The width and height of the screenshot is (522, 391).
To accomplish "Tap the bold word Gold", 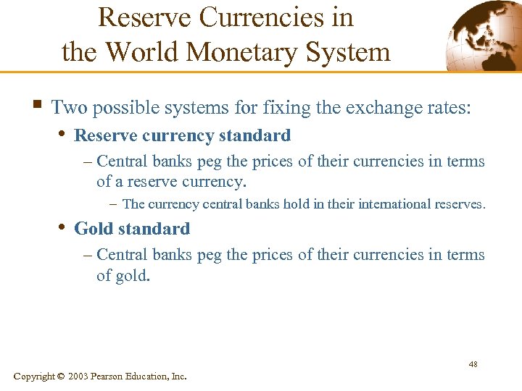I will pyautogui.click(x=94, y=229).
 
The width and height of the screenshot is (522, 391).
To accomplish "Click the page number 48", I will pyautogui.click(x=473, y=363).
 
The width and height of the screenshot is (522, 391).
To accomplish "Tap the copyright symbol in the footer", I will pyautogui.click(x=60, y=377).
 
